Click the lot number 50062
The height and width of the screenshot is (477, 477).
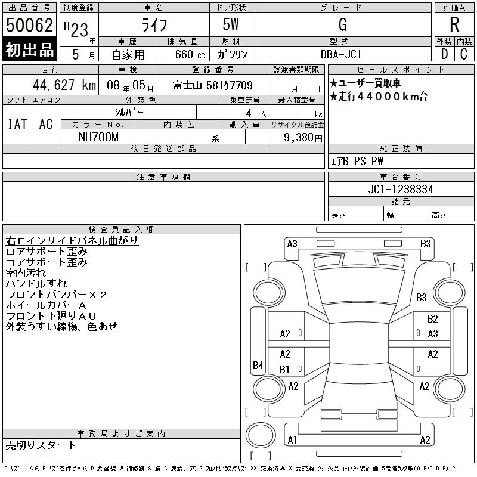point(29,25)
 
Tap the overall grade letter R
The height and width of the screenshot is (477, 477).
point(454,24)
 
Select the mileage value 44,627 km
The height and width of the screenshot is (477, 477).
point(64,85)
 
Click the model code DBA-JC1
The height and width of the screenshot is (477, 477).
point(341,54)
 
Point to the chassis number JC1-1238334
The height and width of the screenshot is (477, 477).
point(401,189)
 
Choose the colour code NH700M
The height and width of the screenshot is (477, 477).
point(98,137)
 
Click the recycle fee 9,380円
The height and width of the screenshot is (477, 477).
point(303,138)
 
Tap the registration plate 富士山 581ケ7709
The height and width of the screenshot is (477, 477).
point(213,85)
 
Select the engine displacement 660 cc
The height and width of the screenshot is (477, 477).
point(190,55)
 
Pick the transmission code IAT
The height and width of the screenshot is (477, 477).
point(17,124)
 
